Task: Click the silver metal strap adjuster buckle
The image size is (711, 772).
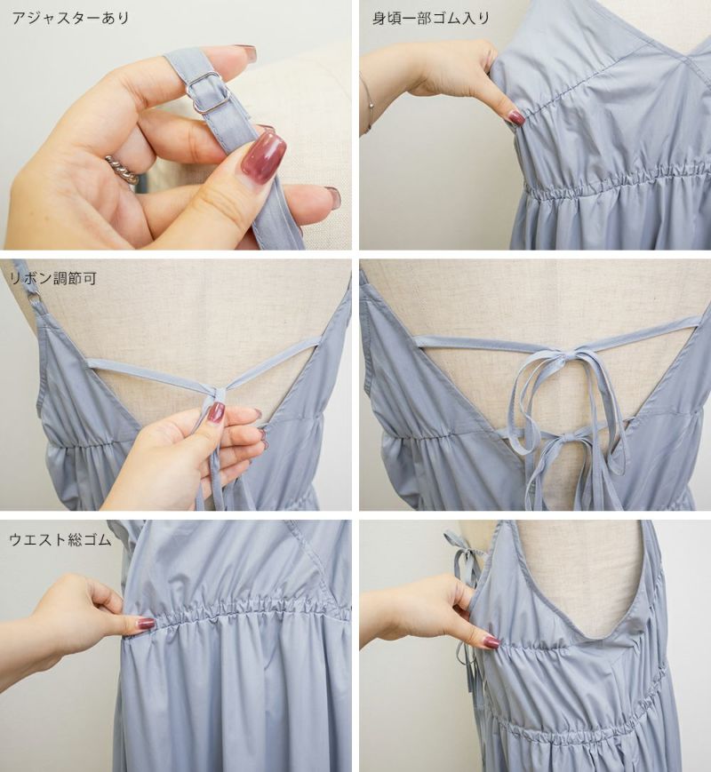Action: pos(210,92)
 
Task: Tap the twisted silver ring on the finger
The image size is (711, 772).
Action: pos(121,169)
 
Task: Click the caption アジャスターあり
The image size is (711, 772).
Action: pos(70,19)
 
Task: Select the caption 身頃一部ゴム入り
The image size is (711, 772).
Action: pos(431,19)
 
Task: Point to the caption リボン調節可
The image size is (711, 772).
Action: pos(52,279)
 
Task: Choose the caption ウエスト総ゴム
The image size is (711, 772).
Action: pos(60,539)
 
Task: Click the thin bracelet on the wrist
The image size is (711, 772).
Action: pos(367,104)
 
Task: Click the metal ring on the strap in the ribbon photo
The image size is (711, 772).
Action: pos(35,298)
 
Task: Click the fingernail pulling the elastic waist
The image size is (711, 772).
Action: pos(145,625)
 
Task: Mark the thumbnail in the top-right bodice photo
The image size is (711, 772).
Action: pos(515,118)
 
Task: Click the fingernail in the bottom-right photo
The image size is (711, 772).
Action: pos(491,641)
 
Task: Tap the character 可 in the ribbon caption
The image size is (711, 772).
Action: pos(89,279)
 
